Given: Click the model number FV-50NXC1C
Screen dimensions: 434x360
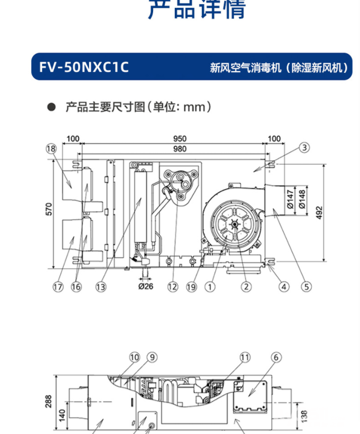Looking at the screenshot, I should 84,68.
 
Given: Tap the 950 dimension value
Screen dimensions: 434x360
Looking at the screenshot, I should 179,139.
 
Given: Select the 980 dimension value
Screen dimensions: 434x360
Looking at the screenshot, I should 179,148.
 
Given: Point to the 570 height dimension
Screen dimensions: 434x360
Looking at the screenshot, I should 49,210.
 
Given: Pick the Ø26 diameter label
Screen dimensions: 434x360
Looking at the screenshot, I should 145,287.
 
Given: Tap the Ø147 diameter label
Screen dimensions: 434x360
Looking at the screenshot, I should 289,200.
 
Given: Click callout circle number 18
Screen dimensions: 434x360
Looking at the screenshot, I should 51,149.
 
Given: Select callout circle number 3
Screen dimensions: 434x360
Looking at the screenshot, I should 305,148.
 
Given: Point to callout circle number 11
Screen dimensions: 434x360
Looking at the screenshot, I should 244,357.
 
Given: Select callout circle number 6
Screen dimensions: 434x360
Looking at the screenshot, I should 277,357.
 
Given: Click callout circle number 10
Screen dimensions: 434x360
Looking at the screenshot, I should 135,357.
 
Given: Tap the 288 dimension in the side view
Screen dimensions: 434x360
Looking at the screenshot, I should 49,400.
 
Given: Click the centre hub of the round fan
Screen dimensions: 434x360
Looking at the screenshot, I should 233,224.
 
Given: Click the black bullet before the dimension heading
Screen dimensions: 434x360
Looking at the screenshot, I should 51,107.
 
